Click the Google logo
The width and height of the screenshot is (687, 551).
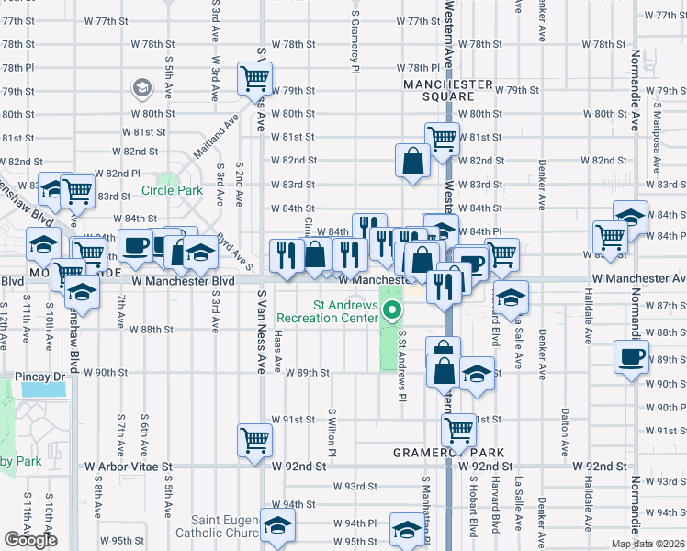tap(30, 540)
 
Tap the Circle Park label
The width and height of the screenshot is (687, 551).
tap(172, 191)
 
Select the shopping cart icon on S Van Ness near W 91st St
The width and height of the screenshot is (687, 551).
tap(254, 438)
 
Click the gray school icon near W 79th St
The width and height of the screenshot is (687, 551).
tap(142, 88)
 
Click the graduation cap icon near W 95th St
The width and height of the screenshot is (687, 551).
tap(406, 530)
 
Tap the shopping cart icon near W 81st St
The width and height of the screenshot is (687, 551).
tap(443, 138)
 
